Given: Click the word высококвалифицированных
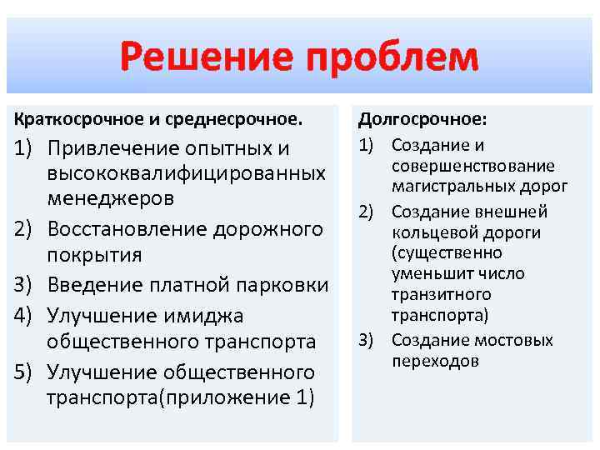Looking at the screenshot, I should (x=187, y=173).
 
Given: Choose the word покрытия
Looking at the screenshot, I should (x=94, y=254).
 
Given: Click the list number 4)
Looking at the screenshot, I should (x=24, y=315).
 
